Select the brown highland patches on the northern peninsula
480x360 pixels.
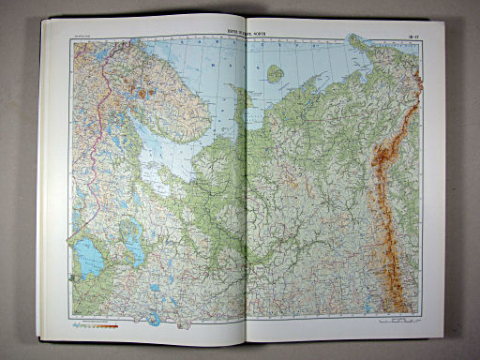click(x=144, y=93)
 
